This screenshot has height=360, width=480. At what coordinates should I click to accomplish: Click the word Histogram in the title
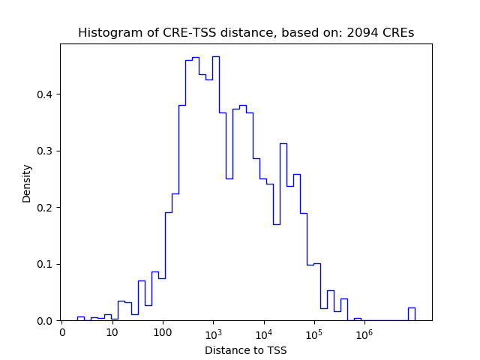click(x=105, y=33)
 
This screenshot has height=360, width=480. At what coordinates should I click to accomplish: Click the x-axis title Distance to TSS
click(x=246, y=349)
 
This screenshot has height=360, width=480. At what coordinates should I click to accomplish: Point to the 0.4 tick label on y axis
click(x=46, y=94)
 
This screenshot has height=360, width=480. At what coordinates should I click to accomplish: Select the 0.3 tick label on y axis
click(x=46, y=151)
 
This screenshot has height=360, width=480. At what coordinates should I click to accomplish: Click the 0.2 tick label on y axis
click(x=46, y=208)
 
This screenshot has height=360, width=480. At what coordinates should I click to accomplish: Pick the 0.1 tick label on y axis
click(x=46, y=264)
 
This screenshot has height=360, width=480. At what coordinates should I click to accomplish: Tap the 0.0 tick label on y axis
click(x=46, y=321)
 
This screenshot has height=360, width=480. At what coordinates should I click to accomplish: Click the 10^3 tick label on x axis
click(x=213, y=332)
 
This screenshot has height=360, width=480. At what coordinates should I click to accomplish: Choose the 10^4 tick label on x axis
click(x=263, y=332)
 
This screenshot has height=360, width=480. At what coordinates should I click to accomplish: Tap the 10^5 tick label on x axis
click(x=313, y=332)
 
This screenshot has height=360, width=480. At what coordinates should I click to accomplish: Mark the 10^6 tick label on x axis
click(x=364, y=332)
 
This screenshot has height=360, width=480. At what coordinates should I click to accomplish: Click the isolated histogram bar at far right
click(x=411, y=314)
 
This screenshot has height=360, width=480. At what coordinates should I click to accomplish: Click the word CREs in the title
click(x=398, y=33)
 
